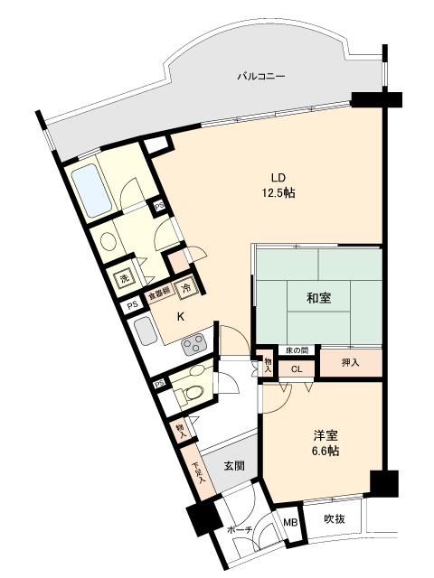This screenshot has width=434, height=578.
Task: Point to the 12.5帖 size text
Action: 278,192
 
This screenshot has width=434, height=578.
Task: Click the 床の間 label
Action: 297,350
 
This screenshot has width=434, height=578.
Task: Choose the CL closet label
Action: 297,368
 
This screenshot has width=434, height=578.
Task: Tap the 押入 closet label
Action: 350,362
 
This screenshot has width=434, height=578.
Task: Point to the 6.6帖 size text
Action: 325,450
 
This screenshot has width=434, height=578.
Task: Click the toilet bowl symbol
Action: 190,393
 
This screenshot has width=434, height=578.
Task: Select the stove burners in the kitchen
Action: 194,343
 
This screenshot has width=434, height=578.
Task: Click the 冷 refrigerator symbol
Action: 186,289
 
